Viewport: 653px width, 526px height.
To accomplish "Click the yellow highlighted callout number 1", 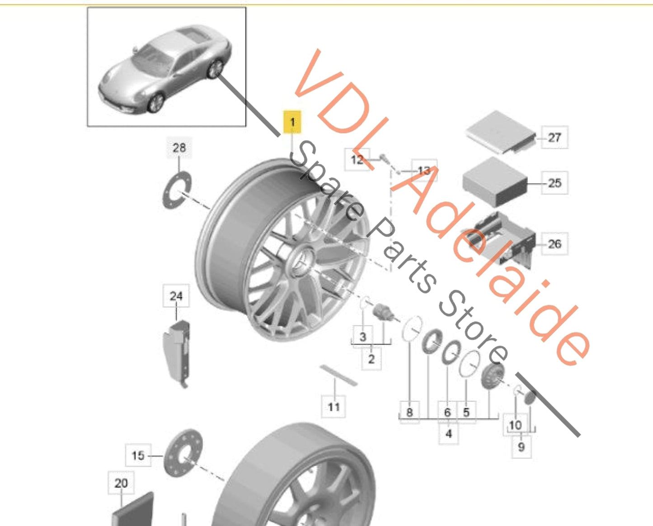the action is click(292, 122).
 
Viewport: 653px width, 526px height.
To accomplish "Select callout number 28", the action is click(179, 148).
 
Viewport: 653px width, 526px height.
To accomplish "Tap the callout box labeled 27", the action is click(554, 137).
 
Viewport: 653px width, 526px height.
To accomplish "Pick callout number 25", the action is click(554, 183).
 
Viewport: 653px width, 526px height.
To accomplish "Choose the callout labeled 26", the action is click(554, 244).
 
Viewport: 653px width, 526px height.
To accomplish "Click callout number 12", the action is click(357, 160).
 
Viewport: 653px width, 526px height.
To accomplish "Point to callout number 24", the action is click(176, 296).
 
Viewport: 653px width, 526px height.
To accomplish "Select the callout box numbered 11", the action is click(333, 407).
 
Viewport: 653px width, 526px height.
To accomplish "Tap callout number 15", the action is click(138, 455).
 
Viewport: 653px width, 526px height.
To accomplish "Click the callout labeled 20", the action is click(121, 483).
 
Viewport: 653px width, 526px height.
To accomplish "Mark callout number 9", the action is click(521, 447).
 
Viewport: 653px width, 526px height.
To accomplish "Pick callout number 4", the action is click(448, 434).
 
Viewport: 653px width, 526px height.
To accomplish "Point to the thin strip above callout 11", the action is click(338, 375).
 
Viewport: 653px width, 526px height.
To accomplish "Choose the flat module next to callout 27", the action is click(501, 132).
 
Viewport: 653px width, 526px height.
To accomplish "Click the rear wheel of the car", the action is click(215, 69).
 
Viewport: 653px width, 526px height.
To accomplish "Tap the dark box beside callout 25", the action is click(494, 182).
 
